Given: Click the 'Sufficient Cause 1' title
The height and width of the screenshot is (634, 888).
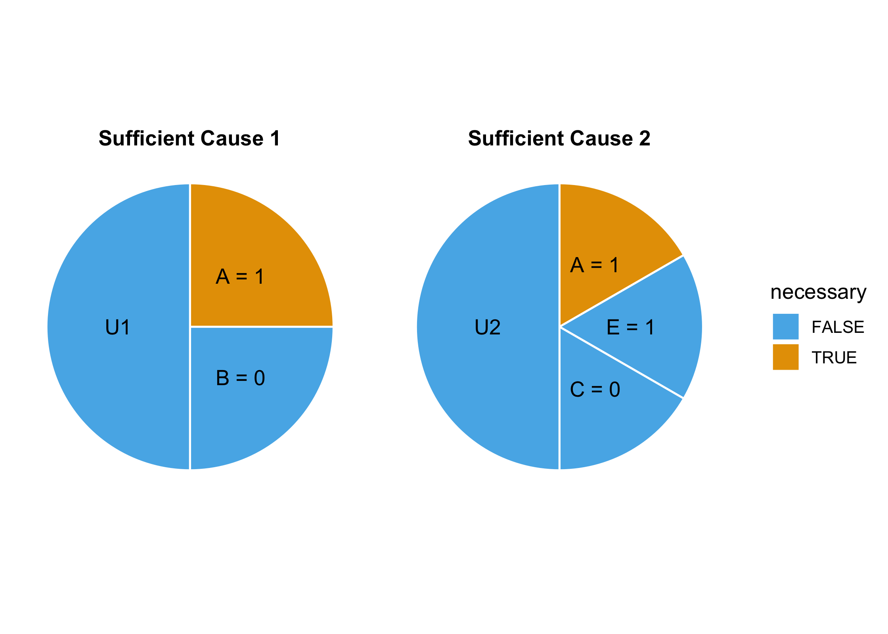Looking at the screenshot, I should [189, 139].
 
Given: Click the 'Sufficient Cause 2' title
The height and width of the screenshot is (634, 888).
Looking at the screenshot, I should [559, 139].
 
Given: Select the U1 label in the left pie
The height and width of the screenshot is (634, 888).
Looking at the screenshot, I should [118, 327].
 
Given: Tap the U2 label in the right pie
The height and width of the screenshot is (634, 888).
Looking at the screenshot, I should [487, 327].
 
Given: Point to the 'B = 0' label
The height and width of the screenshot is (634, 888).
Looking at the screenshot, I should [240, 378].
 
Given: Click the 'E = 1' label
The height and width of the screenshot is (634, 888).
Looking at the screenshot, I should [630, 327].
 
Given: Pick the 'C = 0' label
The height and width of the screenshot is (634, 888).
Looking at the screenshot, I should [595, 390].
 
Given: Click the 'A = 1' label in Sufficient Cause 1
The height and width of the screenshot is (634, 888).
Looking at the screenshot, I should [240, 277].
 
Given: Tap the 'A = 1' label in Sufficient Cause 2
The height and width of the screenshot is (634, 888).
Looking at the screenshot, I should [594, 265].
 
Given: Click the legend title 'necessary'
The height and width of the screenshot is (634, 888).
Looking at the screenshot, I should [818, 292].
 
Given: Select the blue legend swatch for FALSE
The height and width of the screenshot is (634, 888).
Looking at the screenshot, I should [785, 327].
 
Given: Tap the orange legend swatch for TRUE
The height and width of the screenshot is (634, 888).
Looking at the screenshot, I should [785, 357].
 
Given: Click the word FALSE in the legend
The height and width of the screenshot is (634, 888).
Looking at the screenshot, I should [838, 327].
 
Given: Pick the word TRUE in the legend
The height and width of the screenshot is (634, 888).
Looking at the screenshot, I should [834, 358].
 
